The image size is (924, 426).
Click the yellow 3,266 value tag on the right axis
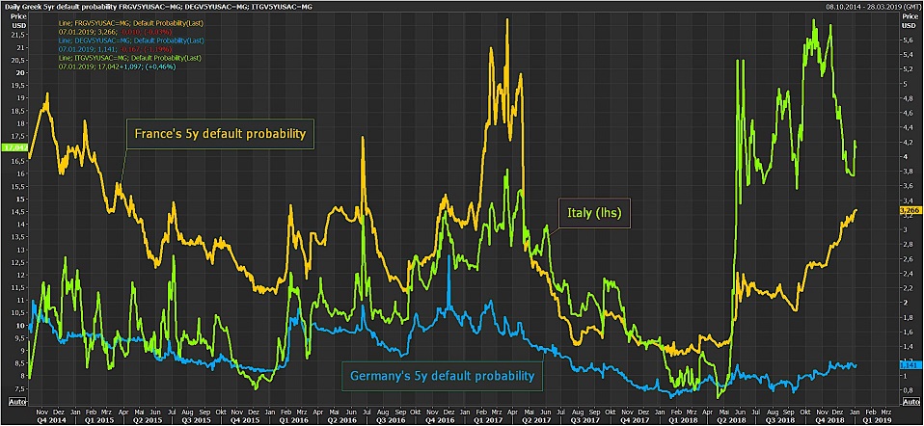(911, 210)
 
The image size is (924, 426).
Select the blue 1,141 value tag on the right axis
(911, 364)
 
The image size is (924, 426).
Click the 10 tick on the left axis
(17, 325)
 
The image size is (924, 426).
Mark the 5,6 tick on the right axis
(907, 40)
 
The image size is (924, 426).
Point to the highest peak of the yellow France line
(507, 19)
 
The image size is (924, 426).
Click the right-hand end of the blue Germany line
(856, 364)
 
